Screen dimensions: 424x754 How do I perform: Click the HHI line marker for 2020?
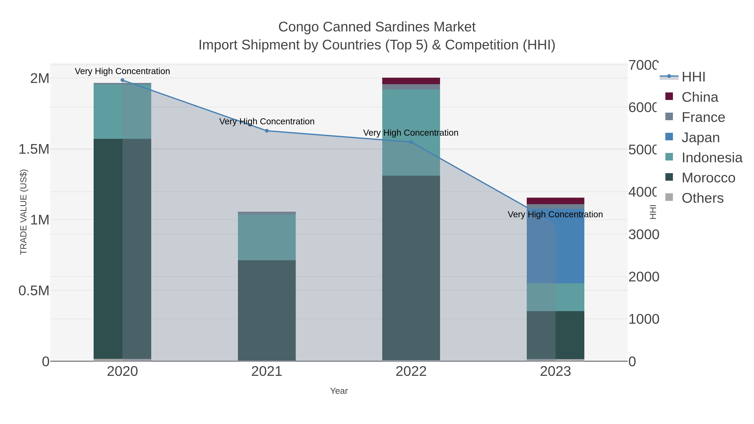click(x=122, y=80)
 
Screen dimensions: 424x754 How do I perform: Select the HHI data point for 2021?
click(x=267, y=131)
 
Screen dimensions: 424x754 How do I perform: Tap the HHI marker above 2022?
click(x=411, y=142)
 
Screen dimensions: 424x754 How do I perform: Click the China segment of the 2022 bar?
click(x=411, y=81)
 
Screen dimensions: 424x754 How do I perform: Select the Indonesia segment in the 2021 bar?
click(x=267, y=237)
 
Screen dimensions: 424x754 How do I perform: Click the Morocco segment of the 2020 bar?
click(x=122, y=249)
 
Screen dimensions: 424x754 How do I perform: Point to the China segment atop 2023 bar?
click(x=555, y=201)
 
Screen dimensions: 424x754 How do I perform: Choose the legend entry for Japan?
click(x=700, y=138)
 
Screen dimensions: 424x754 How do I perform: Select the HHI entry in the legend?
click(x=693, y=77)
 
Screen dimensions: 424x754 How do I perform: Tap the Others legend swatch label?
click(x=702, y=198)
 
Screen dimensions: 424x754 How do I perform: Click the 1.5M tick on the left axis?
click(x=34, y=149)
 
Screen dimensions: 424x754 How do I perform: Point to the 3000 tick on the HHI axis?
click(x=643, y=235)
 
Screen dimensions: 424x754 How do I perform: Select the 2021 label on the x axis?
click(x=267, y=372)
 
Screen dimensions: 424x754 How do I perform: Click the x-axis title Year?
click(x=339, y=391)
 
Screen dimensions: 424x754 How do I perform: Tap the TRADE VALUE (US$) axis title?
click(x=23, y=212)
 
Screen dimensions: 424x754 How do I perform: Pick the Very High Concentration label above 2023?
click(x=555, y=214)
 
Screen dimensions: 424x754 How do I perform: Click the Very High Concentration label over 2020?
click(x=122, y=71)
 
